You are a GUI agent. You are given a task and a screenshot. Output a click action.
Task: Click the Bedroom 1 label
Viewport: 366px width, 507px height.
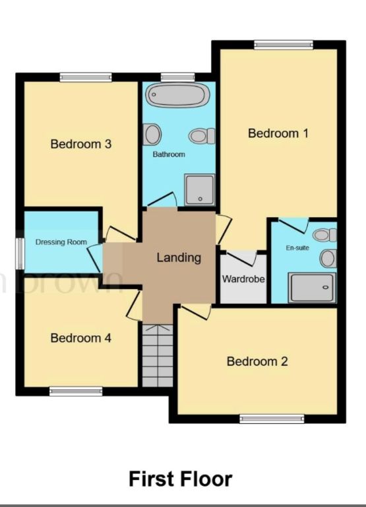278,133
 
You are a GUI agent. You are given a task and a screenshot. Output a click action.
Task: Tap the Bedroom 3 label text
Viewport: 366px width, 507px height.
81,144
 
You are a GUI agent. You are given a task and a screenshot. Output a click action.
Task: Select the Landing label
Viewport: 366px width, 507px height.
179,257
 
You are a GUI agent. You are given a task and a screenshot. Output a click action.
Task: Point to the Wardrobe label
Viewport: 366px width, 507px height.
243,279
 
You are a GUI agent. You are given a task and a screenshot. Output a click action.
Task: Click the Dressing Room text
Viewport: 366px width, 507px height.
61,242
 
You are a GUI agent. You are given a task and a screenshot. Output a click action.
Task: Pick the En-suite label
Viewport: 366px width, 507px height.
297,248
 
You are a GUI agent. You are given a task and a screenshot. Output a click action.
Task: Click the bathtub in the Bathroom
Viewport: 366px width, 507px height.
177,95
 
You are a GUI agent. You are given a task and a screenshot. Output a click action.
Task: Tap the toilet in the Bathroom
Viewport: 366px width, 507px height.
202,136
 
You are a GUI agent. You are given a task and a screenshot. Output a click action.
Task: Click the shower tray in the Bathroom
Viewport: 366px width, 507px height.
199,190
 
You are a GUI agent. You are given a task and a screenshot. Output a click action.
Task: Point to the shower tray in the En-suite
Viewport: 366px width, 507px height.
312,287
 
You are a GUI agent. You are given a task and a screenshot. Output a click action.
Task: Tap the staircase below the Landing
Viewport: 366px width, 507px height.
158,355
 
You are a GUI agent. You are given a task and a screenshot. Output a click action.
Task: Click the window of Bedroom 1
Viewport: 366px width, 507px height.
284,45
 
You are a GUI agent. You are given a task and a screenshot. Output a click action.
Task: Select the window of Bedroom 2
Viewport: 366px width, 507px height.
272,419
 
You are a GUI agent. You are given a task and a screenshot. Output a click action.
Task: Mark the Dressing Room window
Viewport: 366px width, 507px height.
20,253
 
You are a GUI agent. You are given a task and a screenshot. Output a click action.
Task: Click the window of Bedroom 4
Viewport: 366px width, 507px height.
76,391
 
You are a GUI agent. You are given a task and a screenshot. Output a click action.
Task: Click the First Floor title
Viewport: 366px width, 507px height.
181,479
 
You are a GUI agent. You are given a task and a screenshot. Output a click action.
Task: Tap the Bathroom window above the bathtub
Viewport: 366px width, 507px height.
177,77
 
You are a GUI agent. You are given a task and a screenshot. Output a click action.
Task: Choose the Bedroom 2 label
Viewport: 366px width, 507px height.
257,361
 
